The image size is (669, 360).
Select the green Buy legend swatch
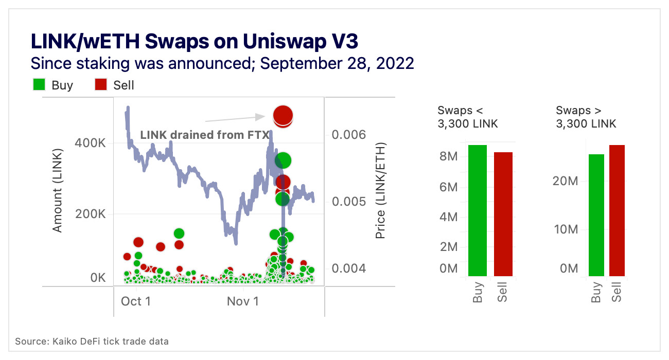(40, 85)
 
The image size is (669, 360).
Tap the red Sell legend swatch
(101, 85)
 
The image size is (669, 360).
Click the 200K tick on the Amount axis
(91, 214)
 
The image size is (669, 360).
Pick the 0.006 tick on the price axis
(349, 135)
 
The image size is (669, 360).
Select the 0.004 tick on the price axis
(349, 268)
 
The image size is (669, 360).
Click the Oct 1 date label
(136, 301)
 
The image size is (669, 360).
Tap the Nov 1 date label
(243, 301)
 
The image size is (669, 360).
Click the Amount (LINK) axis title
(58, 191)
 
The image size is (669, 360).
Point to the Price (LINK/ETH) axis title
(380, 191)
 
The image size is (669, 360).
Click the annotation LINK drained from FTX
(205, 135)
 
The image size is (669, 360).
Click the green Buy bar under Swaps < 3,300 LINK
(477, 211)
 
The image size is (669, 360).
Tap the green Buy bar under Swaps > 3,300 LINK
(596, 215)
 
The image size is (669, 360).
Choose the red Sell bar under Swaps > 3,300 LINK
(617, 211)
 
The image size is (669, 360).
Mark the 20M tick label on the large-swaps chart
(566, 181)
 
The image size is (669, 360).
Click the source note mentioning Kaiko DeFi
(92, 341)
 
